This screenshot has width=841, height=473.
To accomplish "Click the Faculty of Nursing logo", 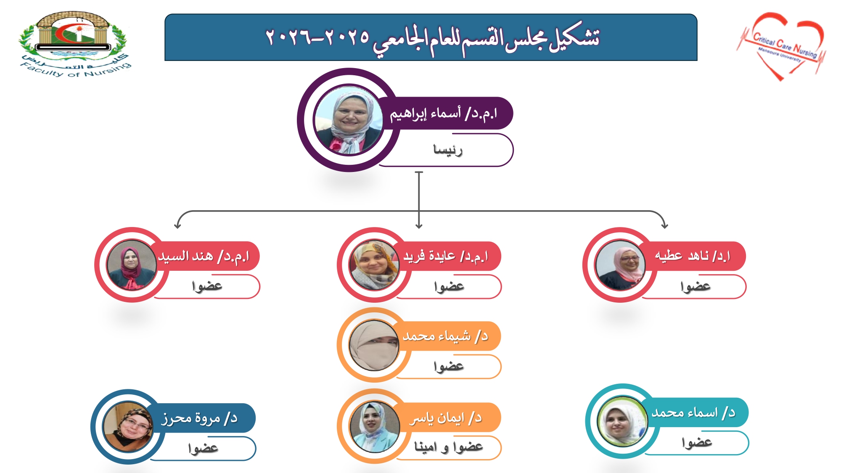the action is tap(75, 45).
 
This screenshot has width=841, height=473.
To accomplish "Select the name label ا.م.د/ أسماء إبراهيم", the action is tap(444, 114).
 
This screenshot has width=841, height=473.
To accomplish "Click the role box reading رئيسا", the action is tap(448, 150).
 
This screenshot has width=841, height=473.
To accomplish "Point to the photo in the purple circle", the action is tap(349, 120).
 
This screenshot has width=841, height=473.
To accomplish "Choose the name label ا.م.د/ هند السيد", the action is tap(204, 256).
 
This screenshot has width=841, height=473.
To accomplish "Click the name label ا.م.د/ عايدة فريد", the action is tap(446, 256).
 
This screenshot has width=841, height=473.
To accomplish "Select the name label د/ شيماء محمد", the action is tap(446, 336).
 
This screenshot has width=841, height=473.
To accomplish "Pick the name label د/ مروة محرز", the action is tap(200, 418).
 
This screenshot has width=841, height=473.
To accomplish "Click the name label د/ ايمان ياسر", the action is tap(446, 418).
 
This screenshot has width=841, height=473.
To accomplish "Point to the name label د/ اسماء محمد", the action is tap(694, 412).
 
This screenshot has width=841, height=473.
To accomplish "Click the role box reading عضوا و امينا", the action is tap(448, 447).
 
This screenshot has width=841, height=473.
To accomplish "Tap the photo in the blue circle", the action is tap(128, 427).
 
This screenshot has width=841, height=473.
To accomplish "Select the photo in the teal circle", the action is tap(622, 421).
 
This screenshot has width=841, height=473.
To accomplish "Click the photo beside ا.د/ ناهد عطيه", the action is tap(620, 265).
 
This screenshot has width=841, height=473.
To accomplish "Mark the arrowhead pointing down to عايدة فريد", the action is tap(419, 226).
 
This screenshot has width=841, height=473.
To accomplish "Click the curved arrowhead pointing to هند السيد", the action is tap(177, 225).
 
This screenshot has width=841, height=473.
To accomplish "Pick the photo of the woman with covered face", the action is tap(374, 346).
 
